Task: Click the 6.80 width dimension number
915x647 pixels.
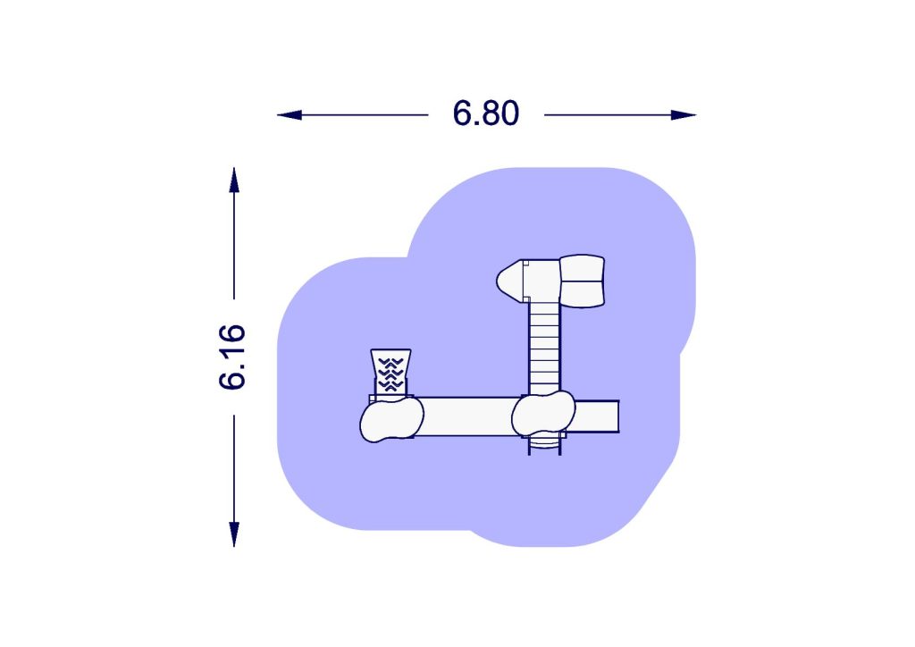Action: pos(485,113)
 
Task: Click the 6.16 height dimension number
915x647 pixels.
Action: pos(232,357)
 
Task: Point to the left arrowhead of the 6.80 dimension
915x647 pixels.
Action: pos(290,115)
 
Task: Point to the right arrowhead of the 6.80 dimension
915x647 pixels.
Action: pos(684,115)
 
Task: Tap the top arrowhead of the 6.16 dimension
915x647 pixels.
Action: pos(234,180)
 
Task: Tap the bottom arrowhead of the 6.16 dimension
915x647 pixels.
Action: pos(234,534)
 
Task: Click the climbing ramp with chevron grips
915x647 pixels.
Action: pos(390,373)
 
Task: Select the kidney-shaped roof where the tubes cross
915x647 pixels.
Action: pos(543,415)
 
